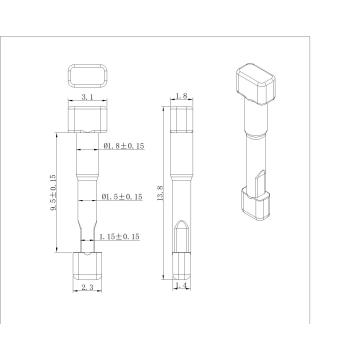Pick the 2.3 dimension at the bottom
point(87,286)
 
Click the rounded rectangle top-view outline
point(87,76)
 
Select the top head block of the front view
point(87,122)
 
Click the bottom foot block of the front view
point(87,264)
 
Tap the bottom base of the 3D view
point(256,204)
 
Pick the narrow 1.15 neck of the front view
point(87,238)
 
